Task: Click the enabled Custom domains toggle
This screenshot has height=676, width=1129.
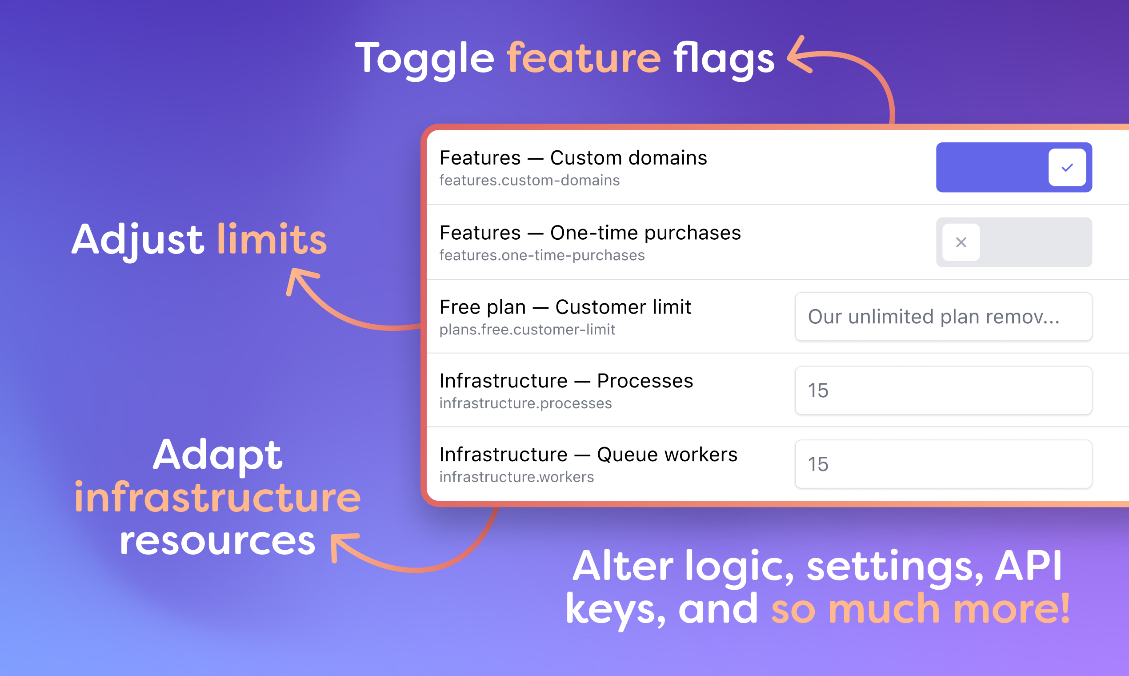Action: [x=1014, y=167]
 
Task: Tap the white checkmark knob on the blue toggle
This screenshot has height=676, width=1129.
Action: [x=1067, y=167]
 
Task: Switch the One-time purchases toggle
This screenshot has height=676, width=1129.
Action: [x=1014, y=242]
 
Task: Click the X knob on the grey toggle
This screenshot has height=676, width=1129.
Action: [x=961, y=242]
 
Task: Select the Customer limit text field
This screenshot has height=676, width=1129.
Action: [x=943, y=317]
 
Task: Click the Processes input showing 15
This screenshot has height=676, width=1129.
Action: [x=943, y=390]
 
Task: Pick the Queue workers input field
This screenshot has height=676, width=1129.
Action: [x=943, y=464]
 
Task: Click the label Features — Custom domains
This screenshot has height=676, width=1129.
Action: [x=573, y=157]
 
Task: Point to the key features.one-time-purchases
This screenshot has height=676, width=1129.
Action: [x=542, y=255]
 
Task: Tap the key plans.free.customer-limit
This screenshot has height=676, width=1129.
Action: [x=527, y=330]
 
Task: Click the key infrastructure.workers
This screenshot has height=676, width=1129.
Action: [x=516, y=477]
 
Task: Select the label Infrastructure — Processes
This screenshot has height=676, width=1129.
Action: [x=566, y=381]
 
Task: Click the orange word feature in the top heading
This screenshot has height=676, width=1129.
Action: [x=584, y=58]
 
